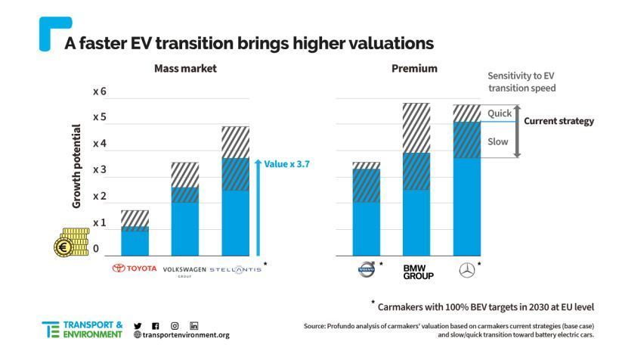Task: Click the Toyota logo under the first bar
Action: (x=135, y=268)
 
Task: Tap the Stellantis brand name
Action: (x=235, y=268)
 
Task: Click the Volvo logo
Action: (x=367, y=268)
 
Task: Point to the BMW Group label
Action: (x=416, y=272)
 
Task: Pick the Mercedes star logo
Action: (x=466, y=268)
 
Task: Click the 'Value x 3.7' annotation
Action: (x=284, y=163)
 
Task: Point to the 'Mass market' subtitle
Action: (x=185, y=68)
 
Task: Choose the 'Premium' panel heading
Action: (x=414, y=68)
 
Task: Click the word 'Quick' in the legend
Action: (x=499, y=113)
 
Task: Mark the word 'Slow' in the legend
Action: (x=498, y=141)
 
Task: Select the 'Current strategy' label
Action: (x=559, y=121)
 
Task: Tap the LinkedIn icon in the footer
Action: (x=194, y=325)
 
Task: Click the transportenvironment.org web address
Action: (x=185, y=335)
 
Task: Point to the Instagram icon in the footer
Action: (x=175, y=325)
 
